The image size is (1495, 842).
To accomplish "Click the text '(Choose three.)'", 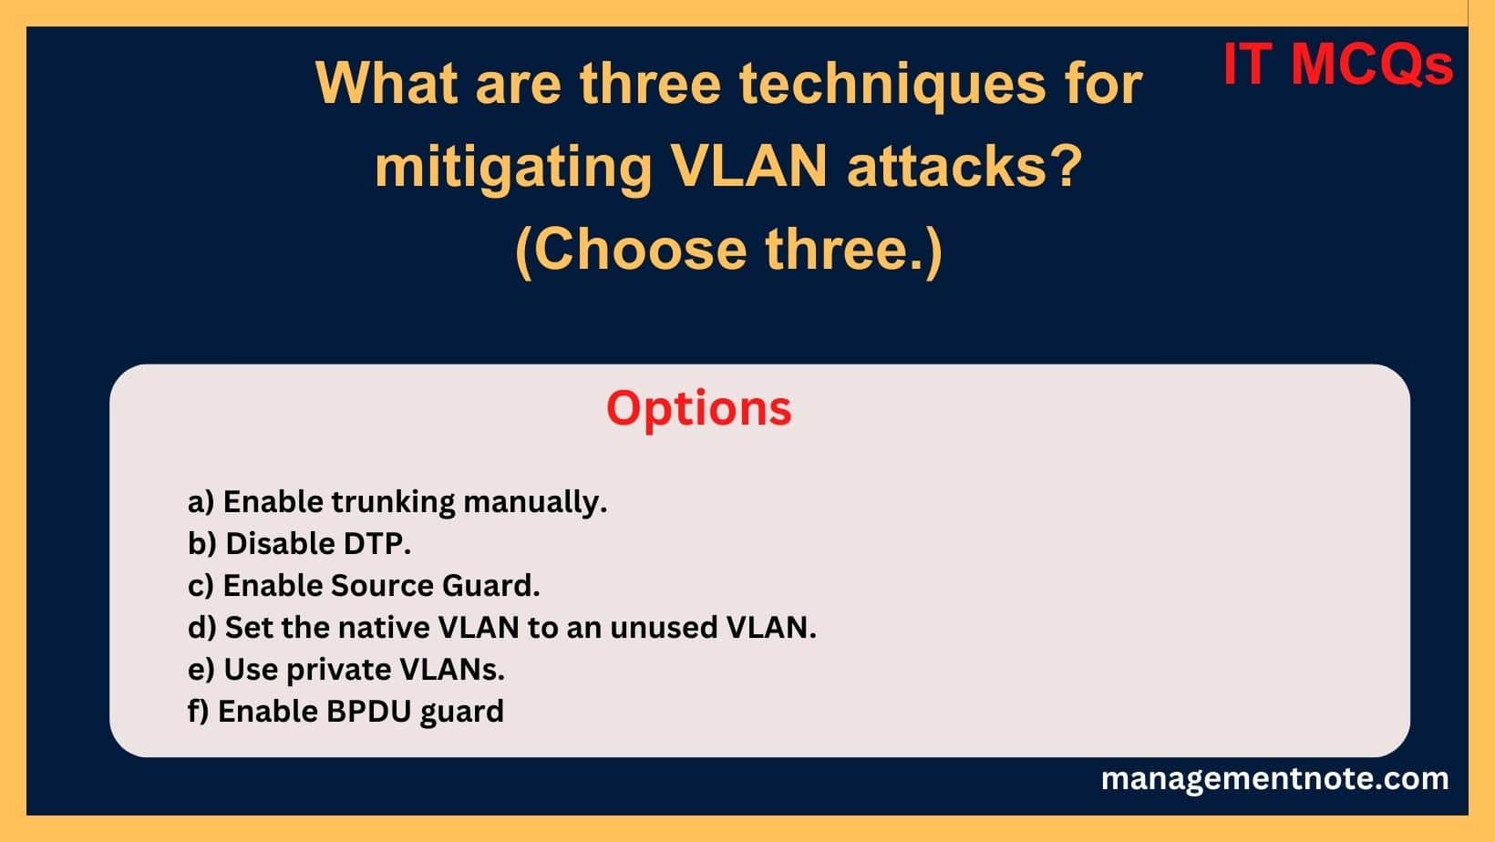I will (728, 249).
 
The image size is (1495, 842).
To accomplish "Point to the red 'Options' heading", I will (698, 407).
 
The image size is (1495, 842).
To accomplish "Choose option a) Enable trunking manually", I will (397, 501).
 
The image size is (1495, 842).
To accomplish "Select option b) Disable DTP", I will (299, 543).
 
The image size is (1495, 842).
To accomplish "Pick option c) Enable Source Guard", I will (364, 585).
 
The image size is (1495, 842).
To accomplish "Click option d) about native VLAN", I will (501, 627).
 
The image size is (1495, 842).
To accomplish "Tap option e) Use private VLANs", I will (345, 669).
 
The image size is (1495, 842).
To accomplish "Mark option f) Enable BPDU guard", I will (345, 711).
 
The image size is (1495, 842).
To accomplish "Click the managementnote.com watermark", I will (1274, 778).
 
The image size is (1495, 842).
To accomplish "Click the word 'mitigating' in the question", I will (513, 166).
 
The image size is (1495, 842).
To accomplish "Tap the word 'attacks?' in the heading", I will (964, 166).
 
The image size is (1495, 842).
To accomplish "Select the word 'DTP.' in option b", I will (376, 543).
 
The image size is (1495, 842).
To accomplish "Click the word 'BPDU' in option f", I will (369, 711).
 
